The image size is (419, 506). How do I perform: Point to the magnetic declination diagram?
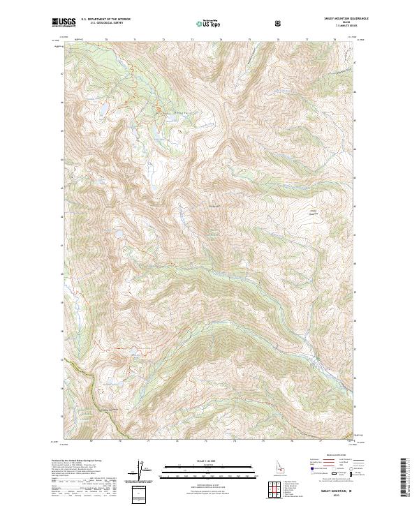click(x=138, y=471)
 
